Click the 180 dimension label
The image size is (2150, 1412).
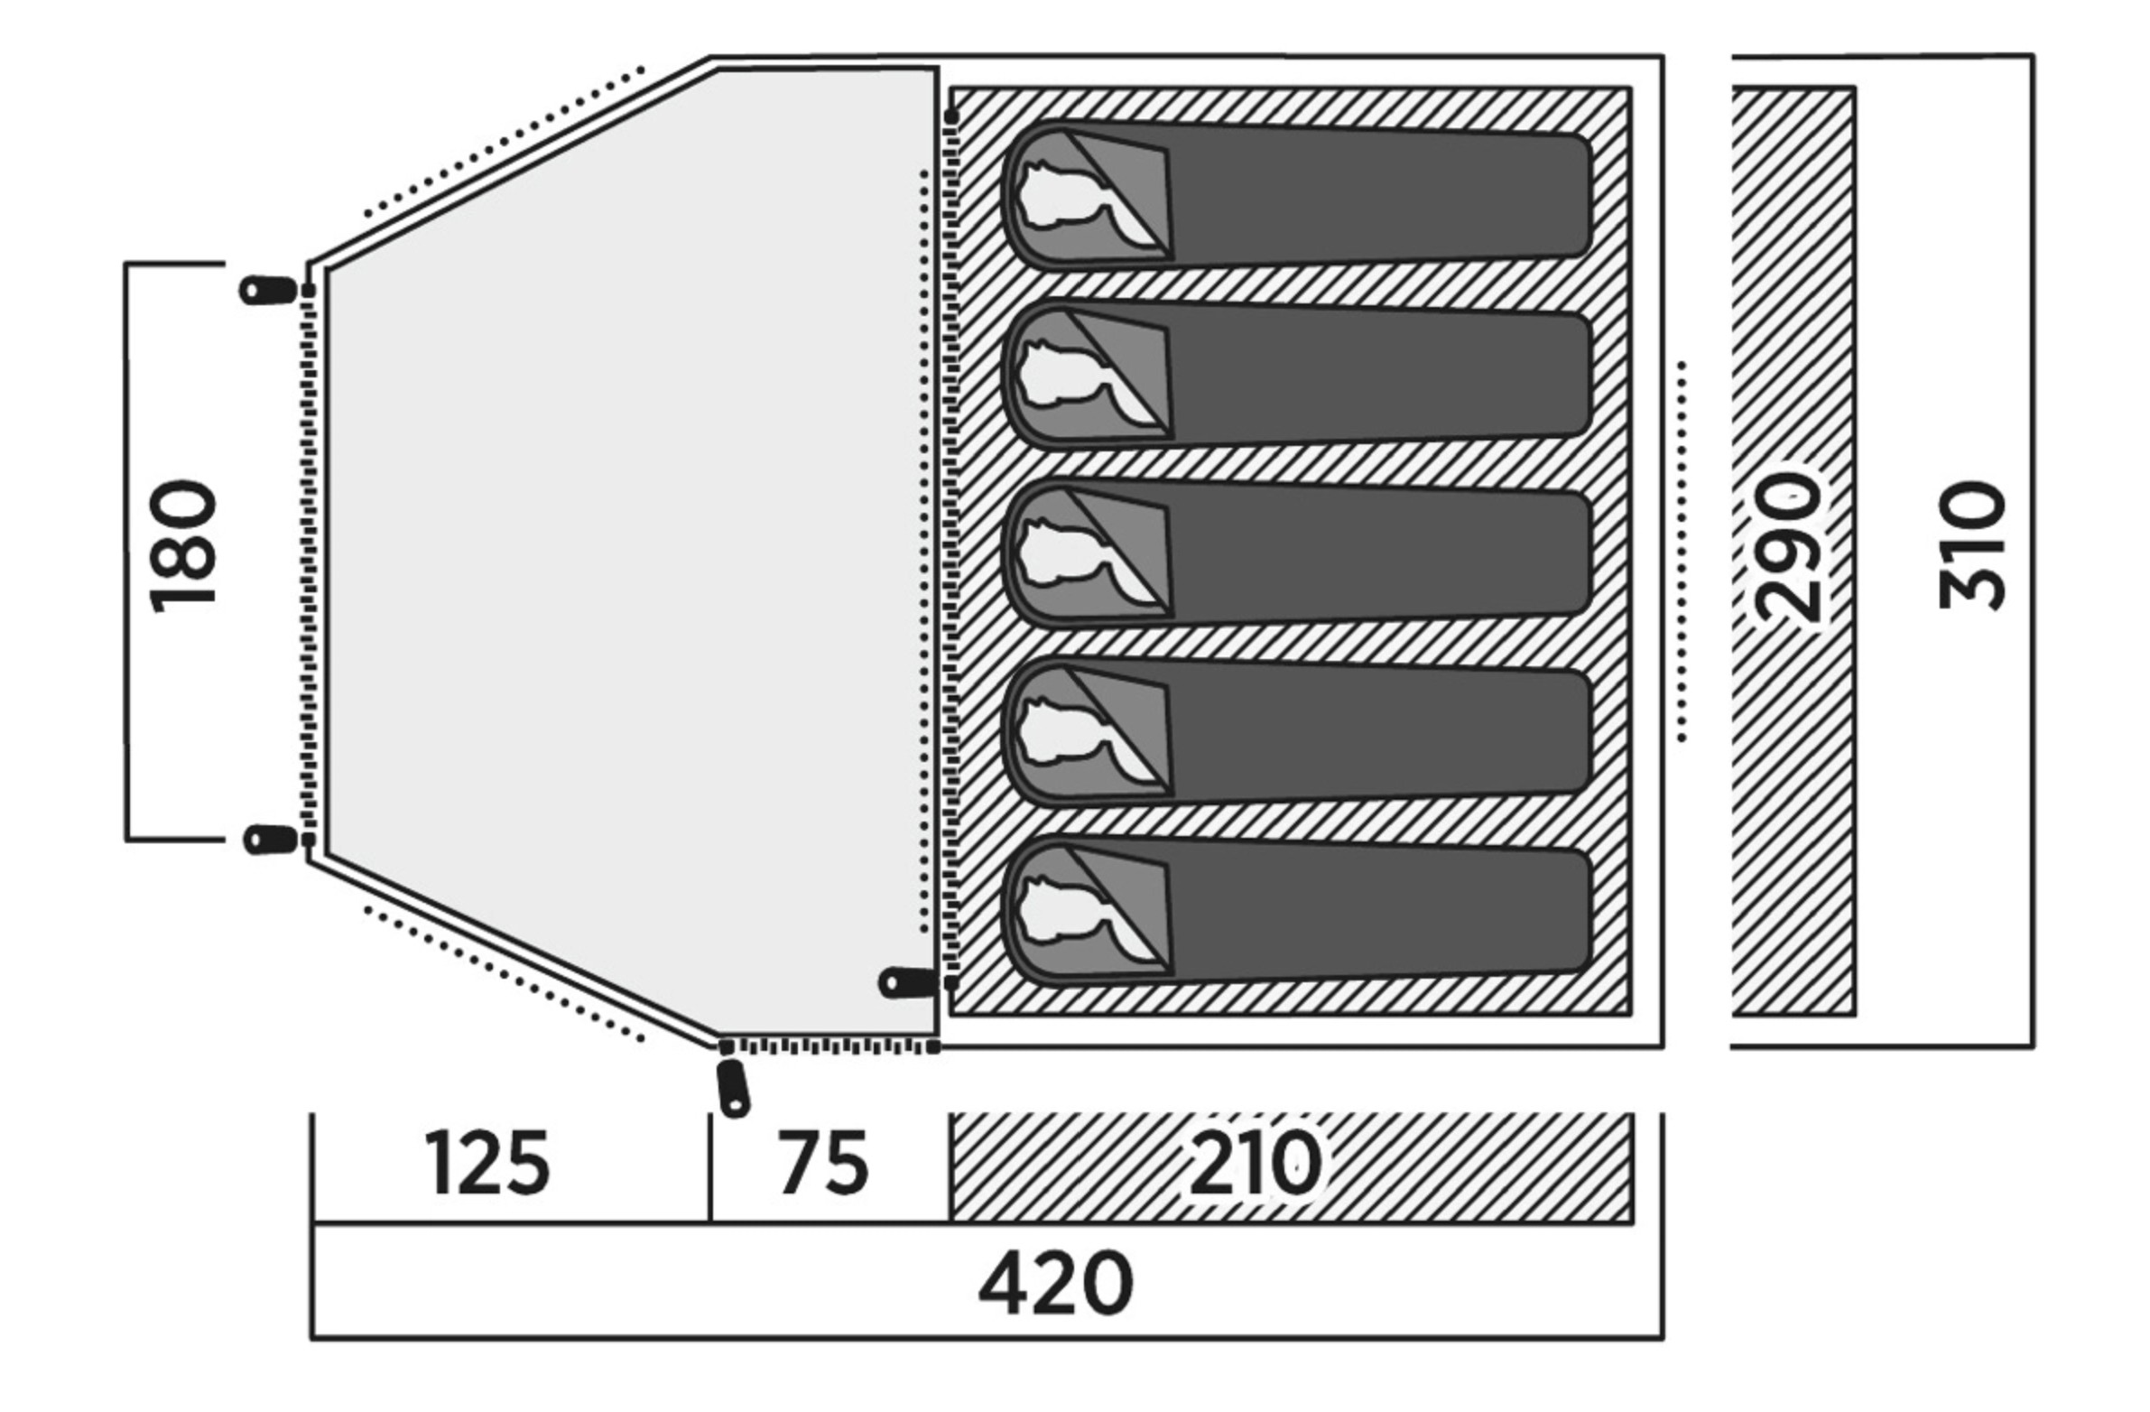[183, 547]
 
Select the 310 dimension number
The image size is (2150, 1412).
[1973, 545]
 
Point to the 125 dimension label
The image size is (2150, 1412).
[487, 1162]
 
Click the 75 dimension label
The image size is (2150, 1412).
[824, 1162]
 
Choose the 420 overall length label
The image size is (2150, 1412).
[1055, 1284]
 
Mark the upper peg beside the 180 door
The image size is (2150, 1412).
[267, 290]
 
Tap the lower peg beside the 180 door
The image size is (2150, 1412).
[270, 840]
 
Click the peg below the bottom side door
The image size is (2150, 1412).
[733, 1088]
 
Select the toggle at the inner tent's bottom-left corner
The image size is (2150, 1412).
[909, 982]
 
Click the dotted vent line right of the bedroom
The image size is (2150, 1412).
[1682, 552]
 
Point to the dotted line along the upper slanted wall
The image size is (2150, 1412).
[503, 143]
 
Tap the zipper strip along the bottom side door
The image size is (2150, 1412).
[829, 1047]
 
